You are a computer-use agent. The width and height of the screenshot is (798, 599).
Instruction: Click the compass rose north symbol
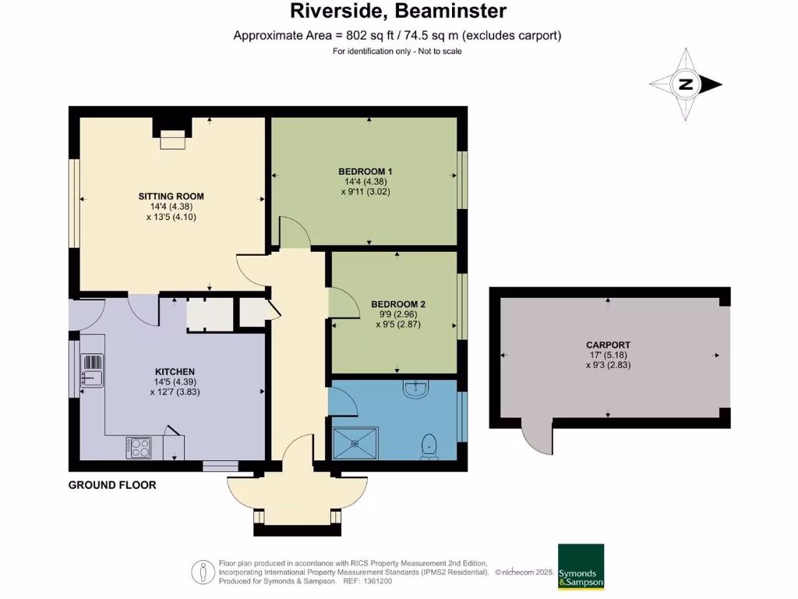click(x=686, y=85)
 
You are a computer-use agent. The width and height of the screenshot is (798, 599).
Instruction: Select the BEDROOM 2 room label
click(x=397, y=304)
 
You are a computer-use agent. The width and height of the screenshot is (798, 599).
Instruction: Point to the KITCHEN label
click(x=175, y=371)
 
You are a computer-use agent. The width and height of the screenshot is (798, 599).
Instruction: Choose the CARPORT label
click(x=608, y=345)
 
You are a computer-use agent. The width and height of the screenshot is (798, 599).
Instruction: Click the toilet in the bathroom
click(x=429, y=445)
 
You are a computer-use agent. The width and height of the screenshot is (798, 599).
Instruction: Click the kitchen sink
click(x=91, y=374)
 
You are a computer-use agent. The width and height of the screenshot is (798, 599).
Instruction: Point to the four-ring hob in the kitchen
click(x=139, y=448)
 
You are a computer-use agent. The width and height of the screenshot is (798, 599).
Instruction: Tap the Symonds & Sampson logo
click(x=581, y=566)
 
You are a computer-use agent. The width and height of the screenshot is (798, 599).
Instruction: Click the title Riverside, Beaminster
click(x=398, y=11)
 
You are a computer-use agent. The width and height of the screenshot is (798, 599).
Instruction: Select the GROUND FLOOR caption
click(x=112, y=485)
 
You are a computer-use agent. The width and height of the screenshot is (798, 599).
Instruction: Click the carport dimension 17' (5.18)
click(x=608, y=355)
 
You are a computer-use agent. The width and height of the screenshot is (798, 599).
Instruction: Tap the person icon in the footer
click(x=203, y=572)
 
